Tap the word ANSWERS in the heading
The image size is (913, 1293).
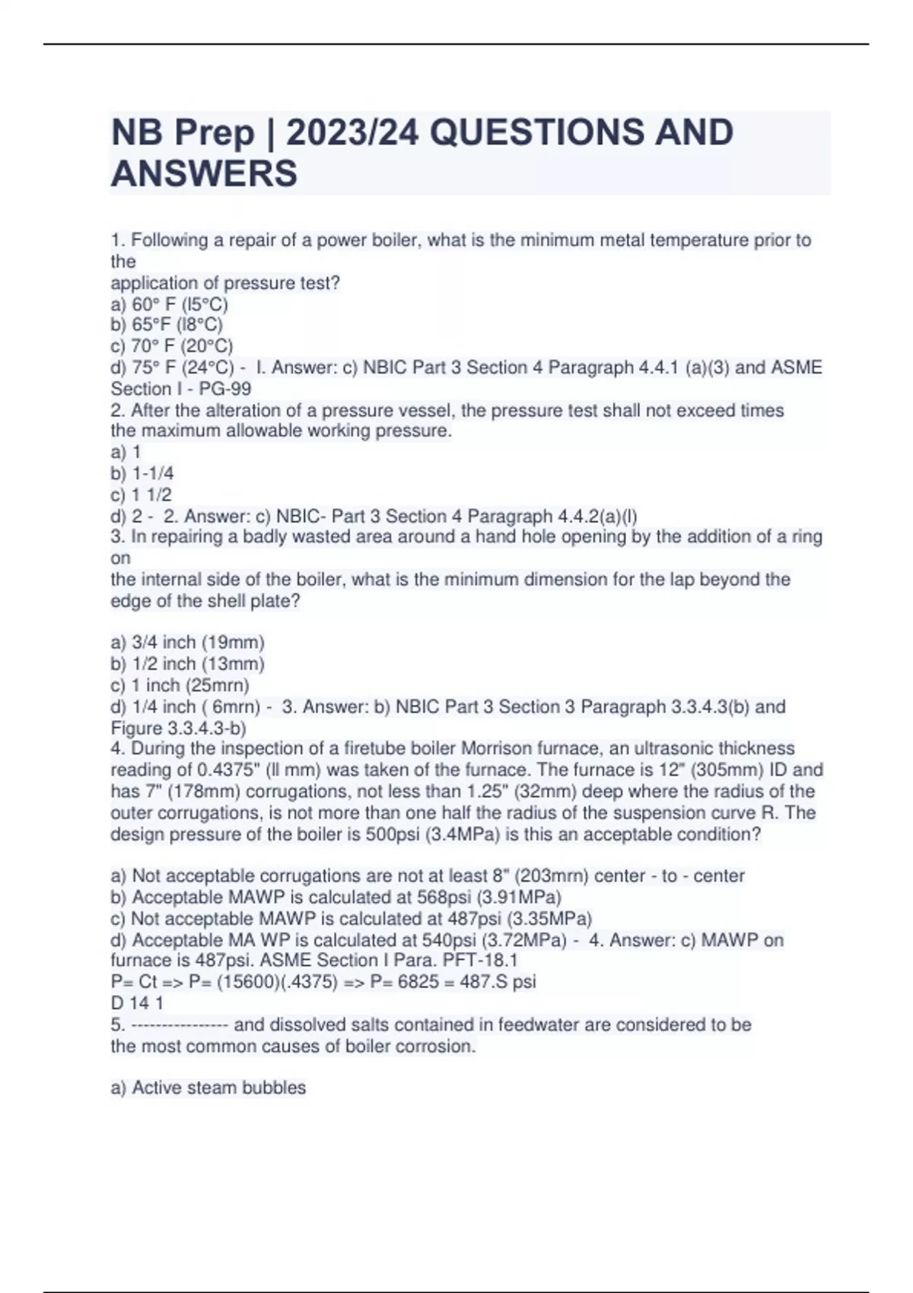pyautogui.click(x=204, y=173)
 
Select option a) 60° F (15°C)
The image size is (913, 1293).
pyautogui.click(x=169, y=304)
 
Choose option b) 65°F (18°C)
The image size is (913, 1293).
pyautogui.click(x=167, y=325)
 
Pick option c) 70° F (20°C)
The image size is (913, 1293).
pyautogui.click(x=172, y=346)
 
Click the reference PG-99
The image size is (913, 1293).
pyautogui.click(x=225, y=389)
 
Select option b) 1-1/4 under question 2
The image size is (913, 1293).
pyautogui.click(x=142, y=473)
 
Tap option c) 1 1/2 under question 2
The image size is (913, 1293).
pyautogui.click(x=142, y=494)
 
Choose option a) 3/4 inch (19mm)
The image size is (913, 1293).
pyautogui.click(x=187, y=643)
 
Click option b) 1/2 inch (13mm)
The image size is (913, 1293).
pyautogui.click(x=187, y=664)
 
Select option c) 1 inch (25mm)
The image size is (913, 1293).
pyautogui.click(x=180, y=685)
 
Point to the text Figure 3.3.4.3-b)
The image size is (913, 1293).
pyautogui.click(x=178, y=728)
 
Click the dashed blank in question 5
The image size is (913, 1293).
pyautogui.click(x=180, y=1025)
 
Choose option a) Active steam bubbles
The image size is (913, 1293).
pyautogui.click(x=208, y=1088)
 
